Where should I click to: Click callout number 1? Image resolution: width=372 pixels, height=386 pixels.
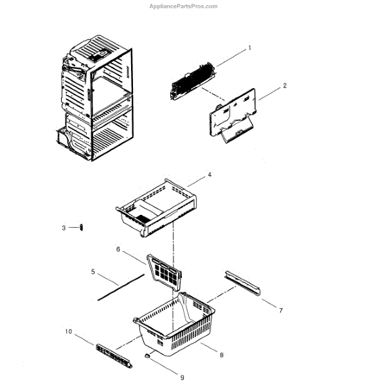pyautogui.click(x=249, y=48)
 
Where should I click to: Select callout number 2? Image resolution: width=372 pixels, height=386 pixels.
pyautogui.click(x=285, y=86)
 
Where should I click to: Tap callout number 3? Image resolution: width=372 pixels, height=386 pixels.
pyautogui.click(x=64, y=228)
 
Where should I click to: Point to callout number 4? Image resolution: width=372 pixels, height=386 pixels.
pyautogui.click(x=209, y=174)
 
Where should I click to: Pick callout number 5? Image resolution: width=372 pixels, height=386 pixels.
pyautogui.click(x=93, y=271)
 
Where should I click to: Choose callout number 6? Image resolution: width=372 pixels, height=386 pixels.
pyautogui.click(x=118, y=250)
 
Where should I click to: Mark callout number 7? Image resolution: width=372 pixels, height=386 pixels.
pyautogui.click(x=281, y=311)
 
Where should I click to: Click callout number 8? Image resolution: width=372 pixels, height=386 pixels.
pyautogui.click(x=222, y=355)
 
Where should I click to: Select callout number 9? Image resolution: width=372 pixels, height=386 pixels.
pyautogui.click(x=182, y=378)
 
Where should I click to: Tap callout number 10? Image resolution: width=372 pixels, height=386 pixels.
pyautogui.click(x=68, y=331)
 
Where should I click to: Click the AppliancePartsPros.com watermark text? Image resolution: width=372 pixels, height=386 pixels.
pyautogui.click(x=183, y=6)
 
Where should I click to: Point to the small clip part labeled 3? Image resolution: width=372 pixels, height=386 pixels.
pyautogui.click(x=82, y=228)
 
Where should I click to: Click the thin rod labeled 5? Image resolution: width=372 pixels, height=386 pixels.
pyautogui.click(x=121, y=288)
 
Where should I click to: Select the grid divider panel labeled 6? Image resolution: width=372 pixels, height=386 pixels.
pyautogui.click(x=164, y=273)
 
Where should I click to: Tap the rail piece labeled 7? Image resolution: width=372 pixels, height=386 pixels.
pyautogui.click(x=242, y=283)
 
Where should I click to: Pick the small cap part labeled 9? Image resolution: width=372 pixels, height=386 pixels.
pyautogui.click(x=146, y=356)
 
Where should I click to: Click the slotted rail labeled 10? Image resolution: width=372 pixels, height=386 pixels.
pyautogui.click(x=114, y=356)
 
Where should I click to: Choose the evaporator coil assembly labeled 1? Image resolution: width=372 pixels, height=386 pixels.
pyautogui.click(x=193, y=81)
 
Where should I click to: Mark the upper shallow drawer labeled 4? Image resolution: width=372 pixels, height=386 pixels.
pyautogui.click(x=156, y=208)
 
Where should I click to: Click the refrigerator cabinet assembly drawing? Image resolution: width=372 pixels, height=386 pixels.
pyautogui.click(x=95, y=98)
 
